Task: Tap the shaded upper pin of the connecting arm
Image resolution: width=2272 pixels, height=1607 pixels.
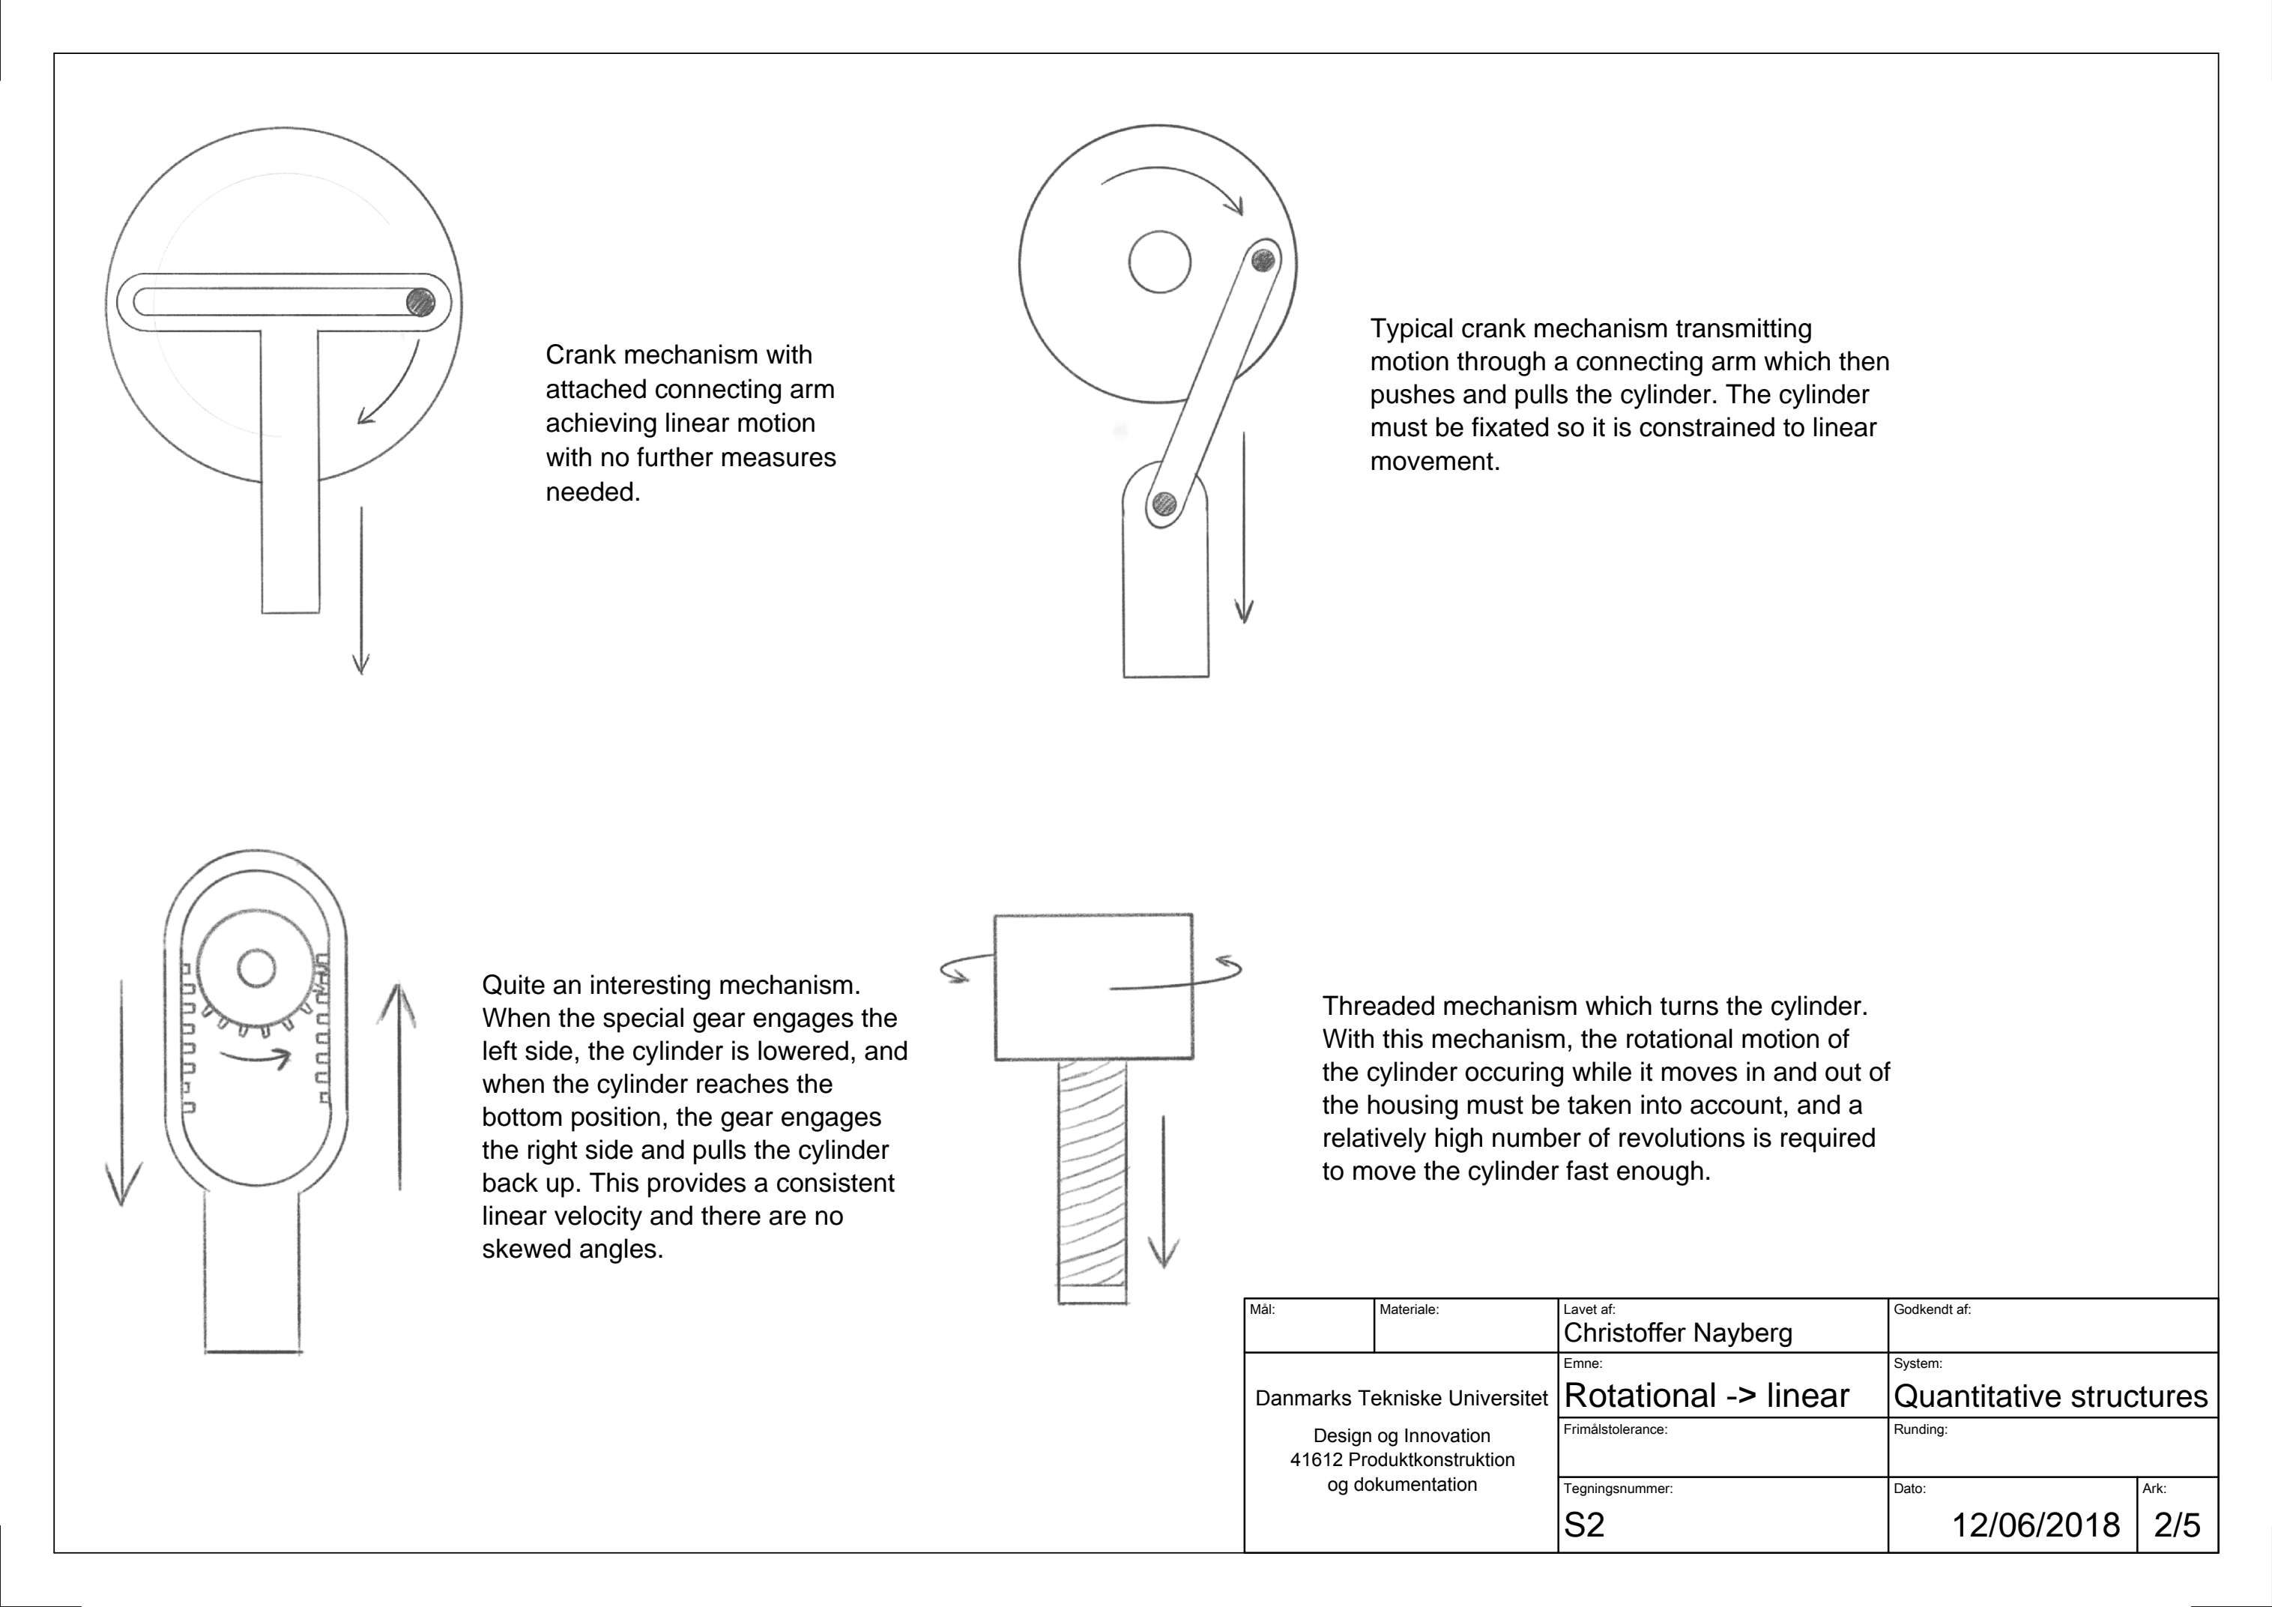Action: tap(1263, 260)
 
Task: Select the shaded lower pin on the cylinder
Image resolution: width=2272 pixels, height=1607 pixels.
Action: tap(1164, 504)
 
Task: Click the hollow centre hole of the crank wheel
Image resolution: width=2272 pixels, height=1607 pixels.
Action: tap(1158, 262)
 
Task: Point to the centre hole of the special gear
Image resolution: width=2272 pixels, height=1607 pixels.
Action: tap(256, 968)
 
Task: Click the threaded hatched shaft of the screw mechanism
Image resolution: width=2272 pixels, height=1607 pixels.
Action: tap(1092, 1178)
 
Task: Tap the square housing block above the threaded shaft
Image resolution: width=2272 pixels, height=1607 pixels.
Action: tap(1093, 986)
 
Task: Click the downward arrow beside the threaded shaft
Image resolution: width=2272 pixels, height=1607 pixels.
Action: tap(1164, 1192)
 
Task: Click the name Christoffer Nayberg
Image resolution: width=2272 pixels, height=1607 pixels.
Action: tap(1677, 1333)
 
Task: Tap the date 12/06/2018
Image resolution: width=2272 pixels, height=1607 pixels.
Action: tap(2034, 1525)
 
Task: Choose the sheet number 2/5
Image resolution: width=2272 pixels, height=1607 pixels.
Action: tap(2176, 1525)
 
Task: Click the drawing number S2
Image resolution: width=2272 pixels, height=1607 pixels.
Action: tap(1583, 1525)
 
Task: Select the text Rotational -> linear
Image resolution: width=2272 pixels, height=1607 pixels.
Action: tap(1706, 1395)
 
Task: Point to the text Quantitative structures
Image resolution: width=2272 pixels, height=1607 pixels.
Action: tap(2049, 1396)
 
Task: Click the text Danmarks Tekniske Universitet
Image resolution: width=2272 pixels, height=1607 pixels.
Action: tap(1401, 1398)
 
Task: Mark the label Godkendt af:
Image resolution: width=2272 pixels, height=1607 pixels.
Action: tap(1932, 1309)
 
